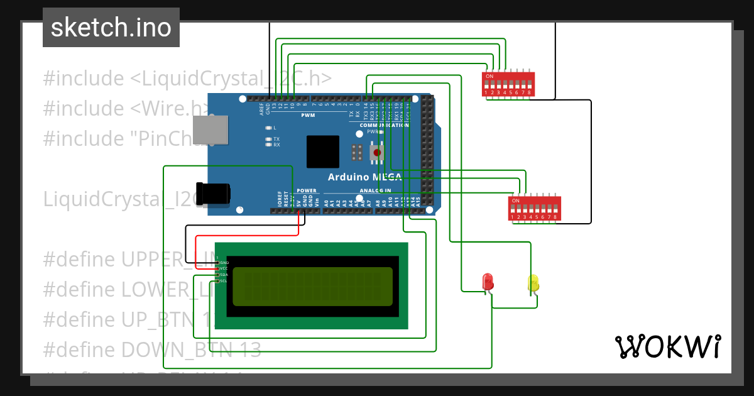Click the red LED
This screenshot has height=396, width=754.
click(487, 282)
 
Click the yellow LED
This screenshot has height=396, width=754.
click(533, 283)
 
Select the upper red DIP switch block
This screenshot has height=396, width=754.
click(508, 84)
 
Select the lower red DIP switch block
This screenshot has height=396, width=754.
click(534, 209)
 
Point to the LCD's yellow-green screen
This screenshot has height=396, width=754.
click(312, 287)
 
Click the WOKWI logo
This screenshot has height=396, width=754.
click(667, 347)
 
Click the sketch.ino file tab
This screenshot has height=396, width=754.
click(111, 28)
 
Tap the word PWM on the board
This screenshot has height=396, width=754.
click(309, 116)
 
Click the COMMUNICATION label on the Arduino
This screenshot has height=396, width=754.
click(384, 125)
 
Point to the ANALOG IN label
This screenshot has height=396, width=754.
click(375, 190)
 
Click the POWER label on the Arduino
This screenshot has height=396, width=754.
click(307, 190)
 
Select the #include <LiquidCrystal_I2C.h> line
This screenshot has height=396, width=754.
click(187, 79)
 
